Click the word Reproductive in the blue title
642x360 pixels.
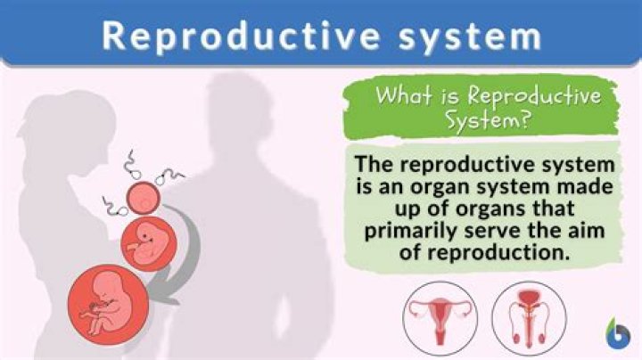point(241,36)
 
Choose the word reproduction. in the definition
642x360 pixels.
point(484,252)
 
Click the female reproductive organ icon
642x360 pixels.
point(440,318)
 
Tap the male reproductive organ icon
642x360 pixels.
point(529,318)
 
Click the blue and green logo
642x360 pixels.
point(618,332)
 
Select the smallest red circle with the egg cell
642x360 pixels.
point(143,198)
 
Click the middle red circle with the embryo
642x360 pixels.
point(149,244)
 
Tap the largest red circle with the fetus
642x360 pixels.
point(108,305)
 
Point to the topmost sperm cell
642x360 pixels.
point(133,165)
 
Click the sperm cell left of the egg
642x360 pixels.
point(115,207)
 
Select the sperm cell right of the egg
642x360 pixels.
point(169,176)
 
